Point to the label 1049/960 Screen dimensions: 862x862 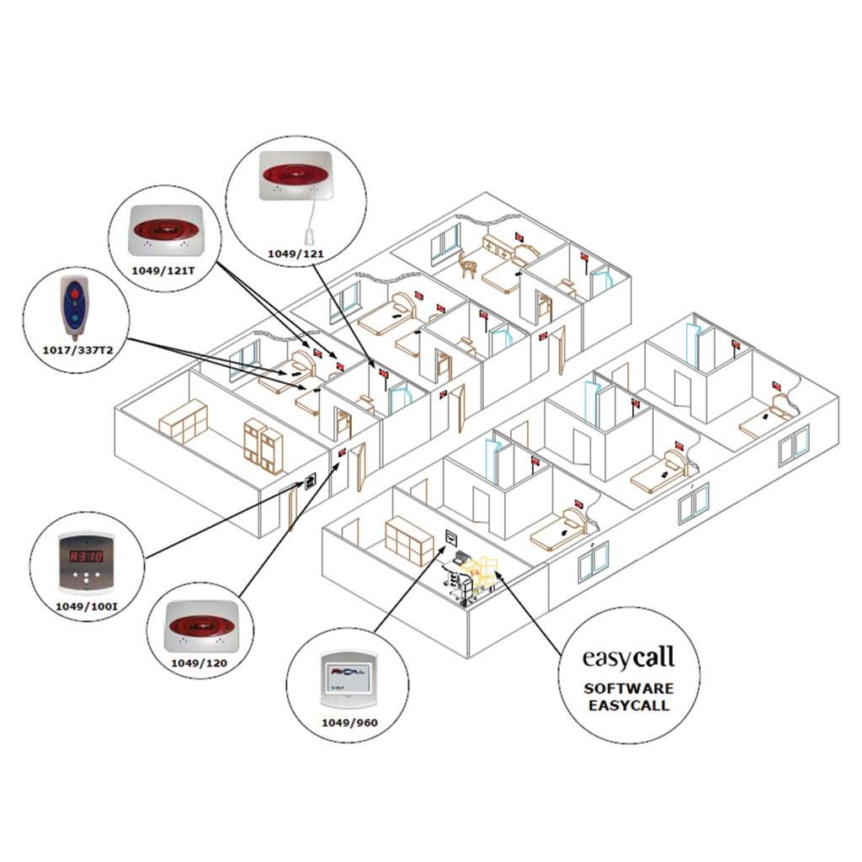347,721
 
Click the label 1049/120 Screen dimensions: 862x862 199,662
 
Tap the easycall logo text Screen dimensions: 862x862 629,656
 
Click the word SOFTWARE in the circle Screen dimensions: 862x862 629,689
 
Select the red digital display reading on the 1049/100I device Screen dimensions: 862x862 86,556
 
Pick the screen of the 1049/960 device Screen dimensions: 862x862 348,677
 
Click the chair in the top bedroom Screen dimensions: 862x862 467,266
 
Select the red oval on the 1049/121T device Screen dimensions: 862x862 165,229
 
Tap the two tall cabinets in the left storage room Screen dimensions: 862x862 263,444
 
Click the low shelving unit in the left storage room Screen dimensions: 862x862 183,419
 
